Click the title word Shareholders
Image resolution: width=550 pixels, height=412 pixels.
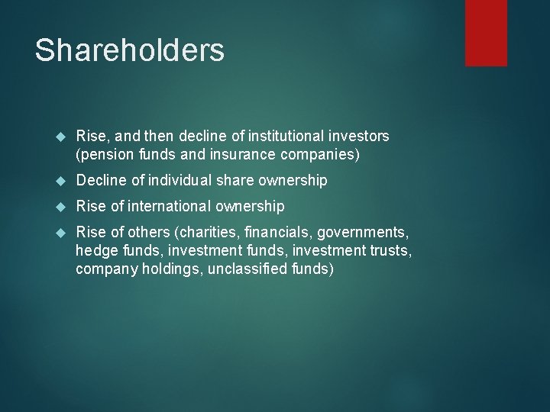pos(130,50)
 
